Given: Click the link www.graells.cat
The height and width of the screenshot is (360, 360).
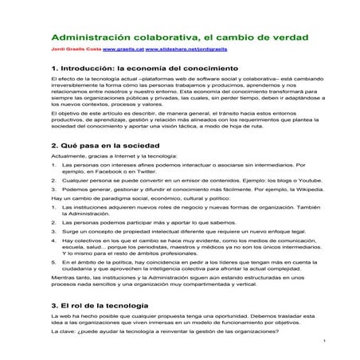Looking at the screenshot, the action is coord(123,49).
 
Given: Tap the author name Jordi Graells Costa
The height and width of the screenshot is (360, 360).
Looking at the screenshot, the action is coord(77,49).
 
